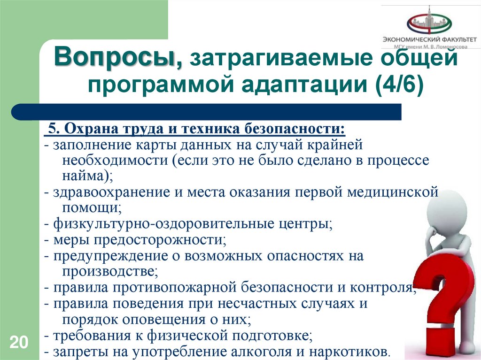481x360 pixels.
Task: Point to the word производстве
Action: click(x=108, y=272)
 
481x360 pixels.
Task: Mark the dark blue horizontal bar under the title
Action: click(x=207, y=112)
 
